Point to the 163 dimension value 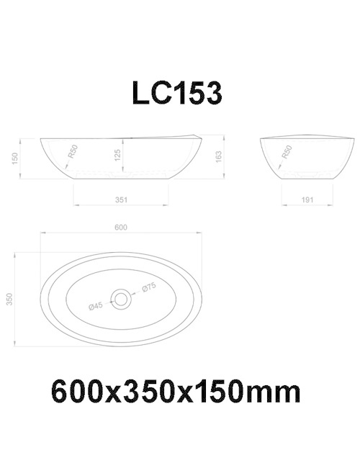[218, 156]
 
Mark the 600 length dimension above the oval [121, 228]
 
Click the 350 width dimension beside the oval [11, 298]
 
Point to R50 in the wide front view [72, 153]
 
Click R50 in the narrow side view [286, 153]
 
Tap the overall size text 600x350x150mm [175, 392]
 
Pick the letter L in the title [140, 94]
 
